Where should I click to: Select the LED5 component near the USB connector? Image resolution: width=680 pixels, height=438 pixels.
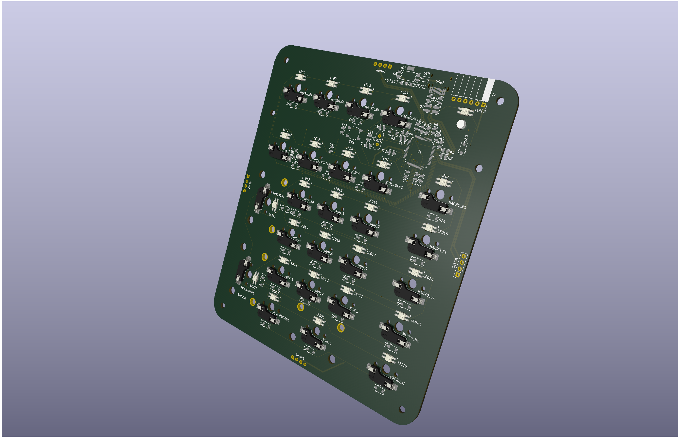point(465,112)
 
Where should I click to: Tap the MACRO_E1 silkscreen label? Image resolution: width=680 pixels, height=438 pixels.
point(457,205)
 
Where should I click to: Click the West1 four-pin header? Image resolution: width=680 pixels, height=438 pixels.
point(461,265)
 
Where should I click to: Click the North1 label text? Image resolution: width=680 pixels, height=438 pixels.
point(381,71)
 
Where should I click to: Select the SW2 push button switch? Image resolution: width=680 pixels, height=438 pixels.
point(354,133)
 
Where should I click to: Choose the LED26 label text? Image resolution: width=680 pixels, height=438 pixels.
point(402,365)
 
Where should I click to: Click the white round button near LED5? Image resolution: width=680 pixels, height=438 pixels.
point(461,124)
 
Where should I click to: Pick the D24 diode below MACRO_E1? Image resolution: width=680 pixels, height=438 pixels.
point(432,218)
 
